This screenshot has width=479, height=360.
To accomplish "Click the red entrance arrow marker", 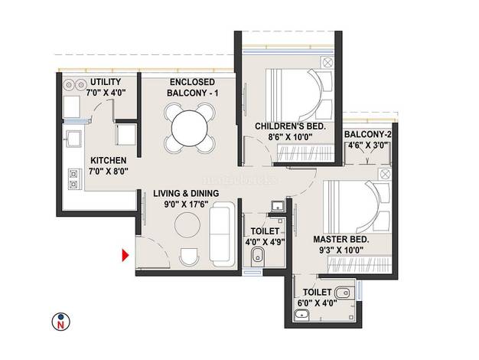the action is click(x=125, y=255).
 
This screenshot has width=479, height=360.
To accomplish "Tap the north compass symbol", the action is click(x=60, y=322).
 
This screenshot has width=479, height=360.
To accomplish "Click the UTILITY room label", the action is click(x=106, y=82).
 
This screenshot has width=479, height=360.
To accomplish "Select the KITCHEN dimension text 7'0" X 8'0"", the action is click(x=108, y=172).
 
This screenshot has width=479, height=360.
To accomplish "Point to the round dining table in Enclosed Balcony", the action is click(x=190, y=128).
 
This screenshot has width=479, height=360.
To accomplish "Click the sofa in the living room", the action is click(x=220, y=234).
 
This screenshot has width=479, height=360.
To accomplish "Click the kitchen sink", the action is click(x=73, y=139).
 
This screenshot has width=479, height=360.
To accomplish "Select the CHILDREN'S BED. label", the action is click(x=290, y=126).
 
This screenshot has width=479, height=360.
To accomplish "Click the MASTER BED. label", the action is click(x=341, y=239).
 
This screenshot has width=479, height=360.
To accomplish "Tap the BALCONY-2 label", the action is click(x=368, y=134).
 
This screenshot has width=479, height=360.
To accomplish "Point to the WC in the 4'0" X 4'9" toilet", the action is click(x=258, y=257).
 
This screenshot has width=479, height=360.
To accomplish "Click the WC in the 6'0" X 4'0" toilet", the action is click(x=345, y=293).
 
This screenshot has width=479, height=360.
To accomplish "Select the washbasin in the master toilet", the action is click(x=302, y=315).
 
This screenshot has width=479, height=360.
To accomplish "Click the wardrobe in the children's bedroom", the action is click(x=305, y=152).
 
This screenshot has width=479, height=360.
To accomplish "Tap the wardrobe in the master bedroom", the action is click(x=360, y=264).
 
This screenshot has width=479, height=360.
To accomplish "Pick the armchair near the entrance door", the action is click(x=188, y=257).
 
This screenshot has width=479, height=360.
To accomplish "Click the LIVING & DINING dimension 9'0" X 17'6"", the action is click(x=186, y=204).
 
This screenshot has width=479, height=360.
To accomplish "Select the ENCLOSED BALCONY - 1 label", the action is click(x=193, y=87).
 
